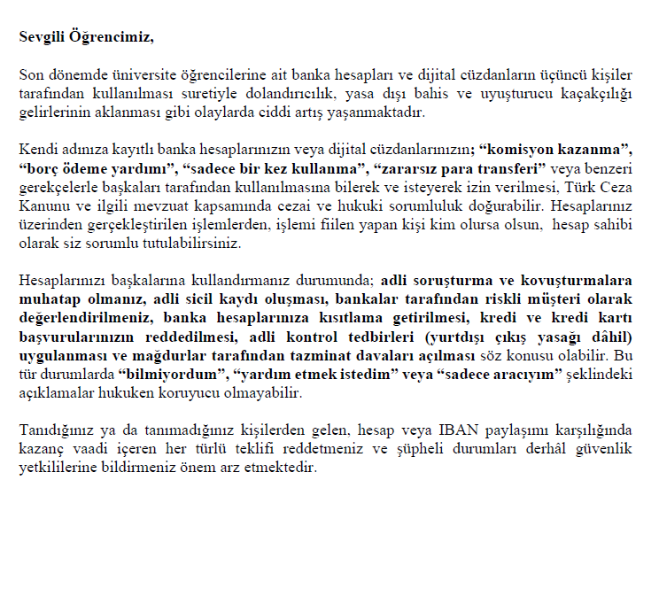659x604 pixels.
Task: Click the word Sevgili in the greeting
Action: pos(41,37)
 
